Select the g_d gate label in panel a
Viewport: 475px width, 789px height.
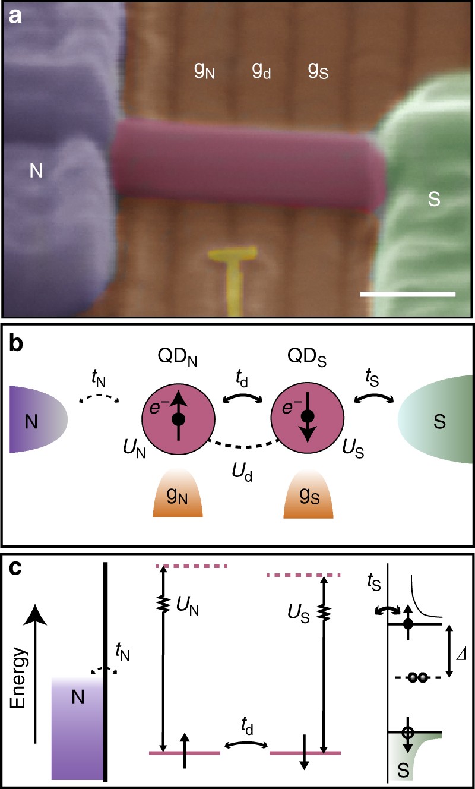coord(261,71)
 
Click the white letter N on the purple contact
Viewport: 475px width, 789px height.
coord(37,172)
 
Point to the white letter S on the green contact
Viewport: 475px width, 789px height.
coord(434,200)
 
